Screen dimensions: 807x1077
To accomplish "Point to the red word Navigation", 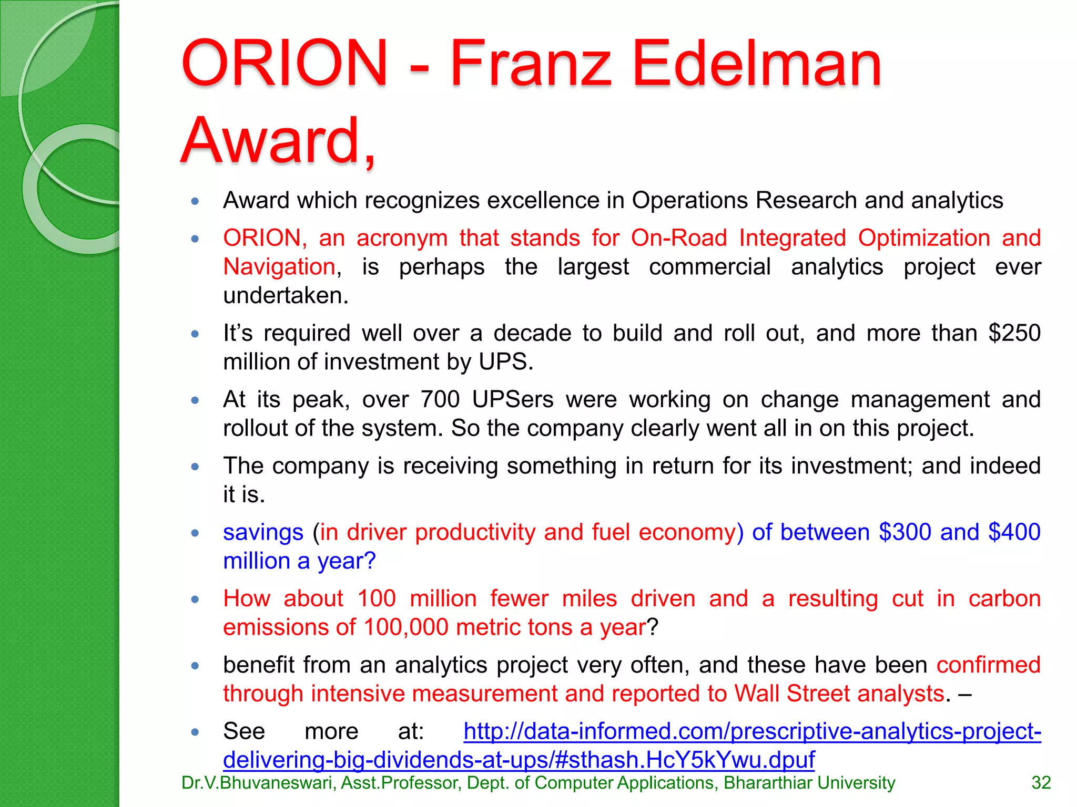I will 279,267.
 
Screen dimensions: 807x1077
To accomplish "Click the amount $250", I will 1014,333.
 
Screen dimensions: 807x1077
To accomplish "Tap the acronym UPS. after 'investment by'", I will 506,362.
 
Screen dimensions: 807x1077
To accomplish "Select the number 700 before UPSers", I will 440,399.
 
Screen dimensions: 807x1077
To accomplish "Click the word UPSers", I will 513,399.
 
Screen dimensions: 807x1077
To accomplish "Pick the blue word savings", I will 263,532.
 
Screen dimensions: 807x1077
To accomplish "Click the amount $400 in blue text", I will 1014,532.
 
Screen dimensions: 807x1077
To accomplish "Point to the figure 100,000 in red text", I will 405,627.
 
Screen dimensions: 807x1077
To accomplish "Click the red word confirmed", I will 988,665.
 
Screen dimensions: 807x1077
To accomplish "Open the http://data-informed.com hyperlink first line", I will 752,731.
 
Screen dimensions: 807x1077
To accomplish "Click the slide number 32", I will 1041,783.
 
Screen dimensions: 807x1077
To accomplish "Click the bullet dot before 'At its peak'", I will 195,400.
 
